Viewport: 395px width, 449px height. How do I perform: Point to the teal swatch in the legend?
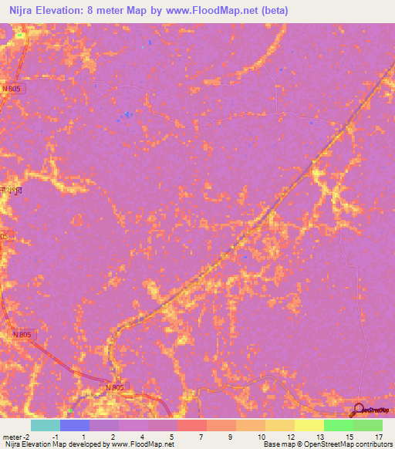pos(46,425)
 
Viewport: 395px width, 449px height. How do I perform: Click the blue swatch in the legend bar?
pos(75,425)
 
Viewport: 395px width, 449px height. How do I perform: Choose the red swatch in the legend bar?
pos(192,425)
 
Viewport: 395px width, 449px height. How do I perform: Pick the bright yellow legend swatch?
pos(309,425)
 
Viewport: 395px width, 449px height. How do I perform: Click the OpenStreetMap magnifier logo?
pos(358,410)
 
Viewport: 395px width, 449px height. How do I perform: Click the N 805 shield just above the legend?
pos(114,387)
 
